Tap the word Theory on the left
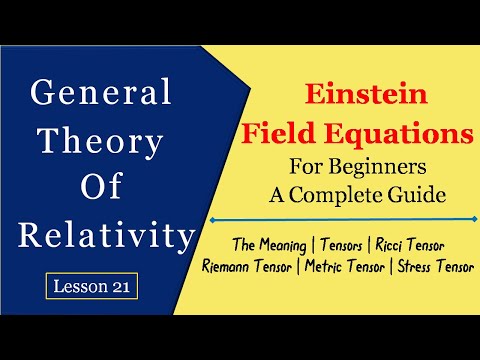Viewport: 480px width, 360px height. coord(97,143)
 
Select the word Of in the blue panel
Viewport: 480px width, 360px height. coord(97,191)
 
